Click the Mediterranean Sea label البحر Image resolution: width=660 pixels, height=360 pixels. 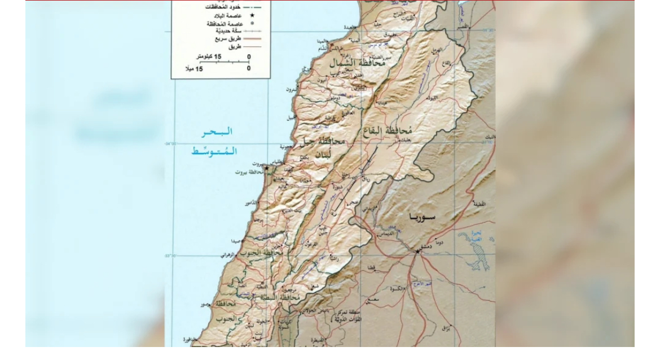tap(218, 131)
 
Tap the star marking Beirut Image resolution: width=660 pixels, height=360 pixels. tap(267, 168)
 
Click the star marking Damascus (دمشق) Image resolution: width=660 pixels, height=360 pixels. tap(417, 251)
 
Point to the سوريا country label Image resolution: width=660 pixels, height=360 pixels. tap(423, 217)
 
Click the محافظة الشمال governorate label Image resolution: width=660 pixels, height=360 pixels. tap(358, 63)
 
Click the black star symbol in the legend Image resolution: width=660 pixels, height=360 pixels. tap(252, 15)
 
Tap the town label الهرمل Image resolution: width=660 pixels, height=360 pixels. tap(437, 50)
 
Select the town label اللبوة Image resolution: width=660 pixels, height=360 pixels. tap(432, 98)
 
